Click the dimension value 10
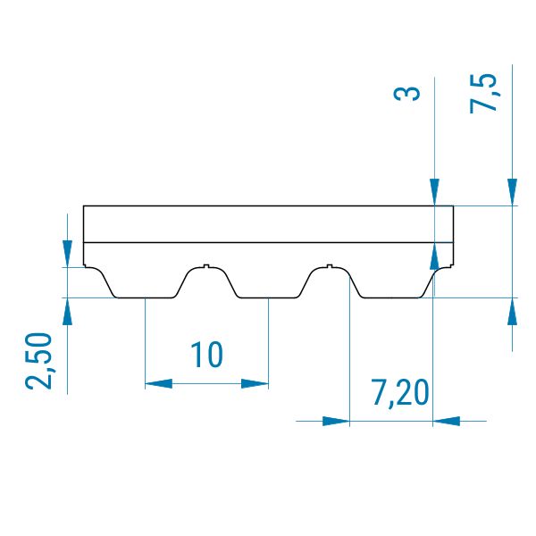pyautogui.click(x=206, y=356)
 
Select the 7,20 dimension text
pyautogui.click(x=399, y=393)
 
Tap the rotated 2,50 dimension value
pyautogui.click(x=38, y=361)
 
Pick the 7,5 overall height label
pyautogui.click(x=482, y=93)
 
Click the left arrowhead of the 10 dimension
pyautogui.click(x=159, y=383)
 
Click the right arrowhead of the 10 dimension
pyautogui.click(x=255, y=383)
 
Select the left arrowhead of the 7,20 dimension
pyautogui.click(x=337, y=421)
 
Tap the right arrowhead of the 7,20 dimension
pyautogui.click(x=446, y=421)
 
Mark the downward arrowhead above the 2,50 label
pyautogui.click(x=67, y=254)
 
